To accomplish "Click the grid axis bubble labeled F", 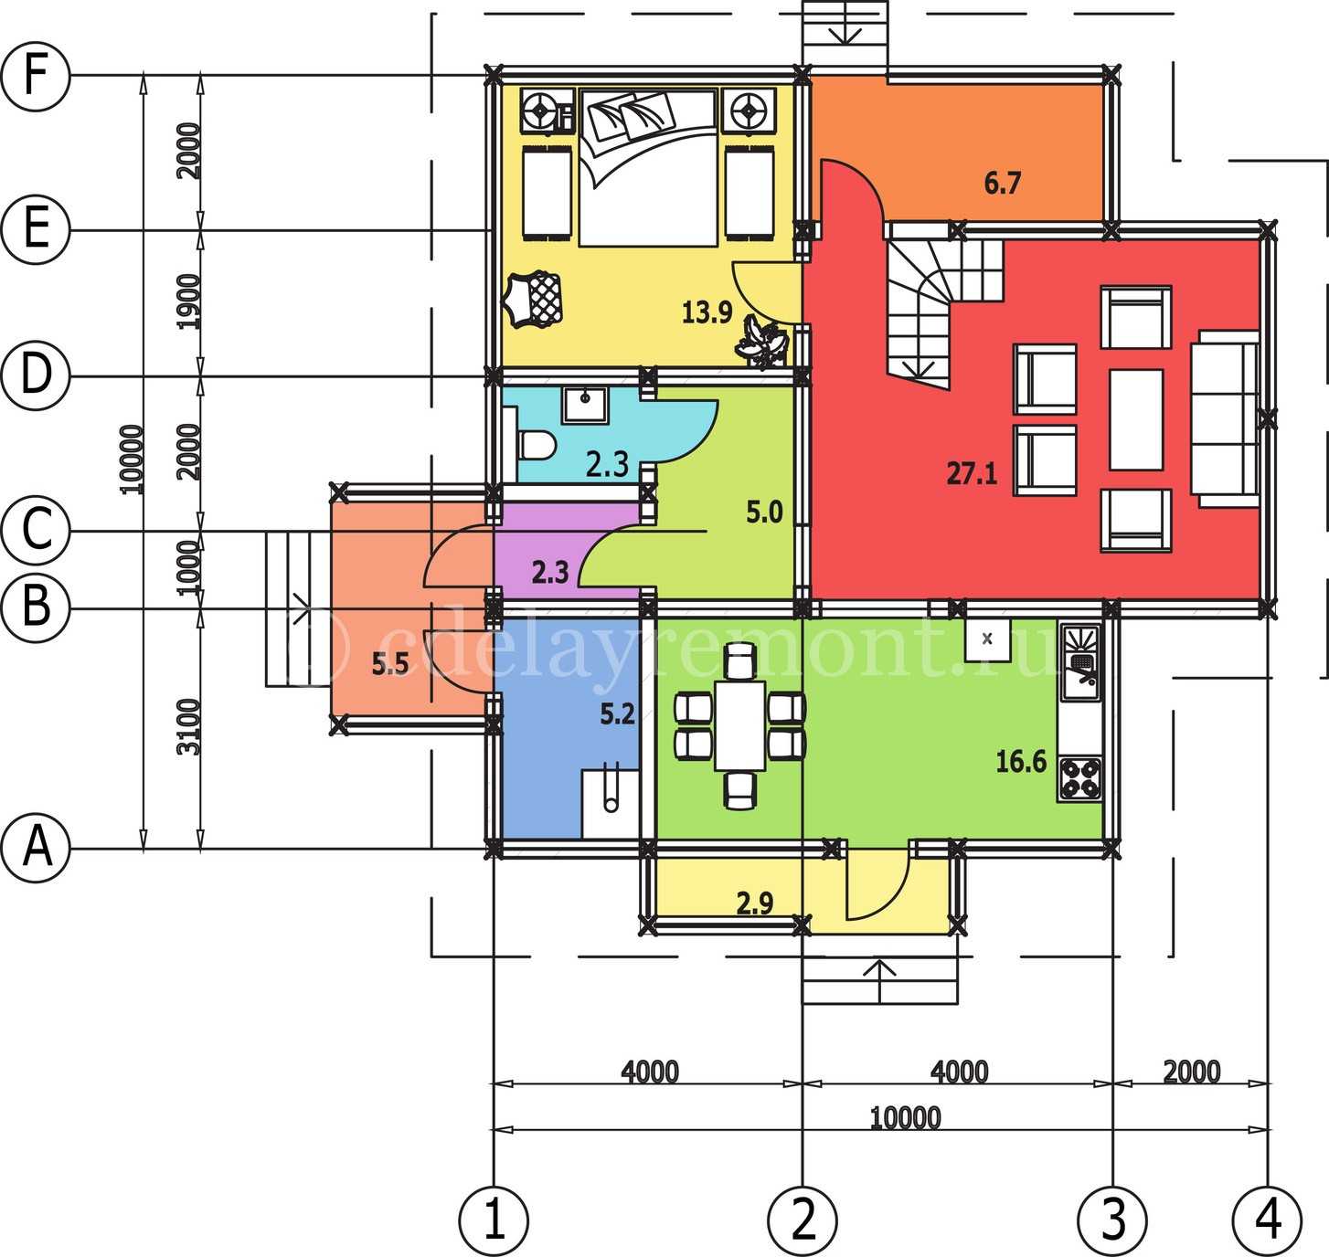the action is pyautogui.click(x=35, y=76).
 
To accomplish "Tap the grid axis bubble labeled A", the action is pyautogui.click(x=35, y=848).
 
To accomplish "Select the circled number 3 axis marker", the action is pyautogui.click(x=1112, y=1220).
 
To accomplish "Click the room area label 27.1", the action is pyautogui.click(x=972, y=472).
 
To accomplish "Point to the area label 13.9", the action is pyautogui.click(x=707, y=312).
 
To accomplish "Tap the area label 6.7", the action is pyautogui.click(x=1002, y=183).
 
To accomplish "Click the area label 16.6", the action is pyautogui.click(x=1021, y=761).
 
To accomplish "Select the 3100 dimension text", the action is pyautogui.click(x=189, y=727).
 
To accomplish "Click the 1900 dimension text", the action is pyautogui.click(x=189, y=301).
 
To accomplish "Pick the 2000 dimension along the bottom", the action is pyautogui.click(x=1191, y=1072).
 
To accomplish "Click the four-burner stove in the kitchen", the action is pyautogui.click(x=1079, y=779).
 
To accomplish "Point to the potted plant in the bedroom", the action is pyautogui.click(x=761, y=343).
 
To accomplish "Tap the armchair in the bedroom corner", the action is pyautogui.click(x=534, y=300).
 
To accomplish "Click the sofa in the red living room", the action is pyautogui.click(x=1225, y=417).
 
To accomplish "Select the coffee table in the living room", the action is pyautogui.click(x=1136, y=419).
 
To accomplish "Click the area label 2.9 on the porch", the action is pyautogui.click(x=754, y=903).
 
